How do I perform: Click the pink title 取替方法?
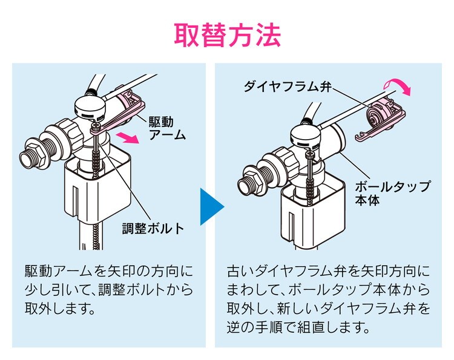(x=227, y=36)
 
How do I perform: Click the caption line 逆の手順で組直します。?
(x=297, y=329)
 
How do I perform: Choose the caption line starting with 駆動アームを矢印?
(x=109, y=270)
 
